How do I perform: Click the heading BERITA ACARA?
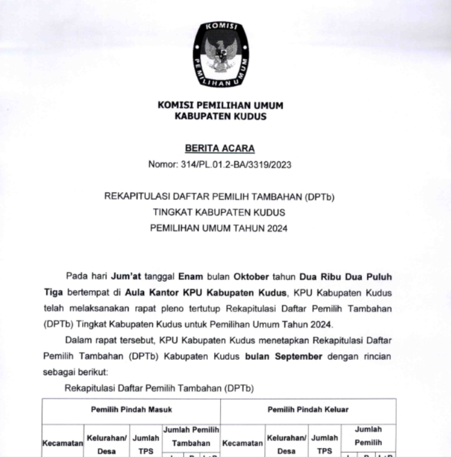pyautogui.click(x=220, y=149)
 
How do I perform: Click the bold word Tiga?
pyautogui.click(x=54, y=292)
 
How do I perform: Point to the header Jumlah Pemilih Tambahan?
pyautogui.click(x=191, y=436)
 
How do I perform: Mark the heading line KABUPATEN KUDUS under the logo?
pyautogui.click(x=220, y=116)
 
